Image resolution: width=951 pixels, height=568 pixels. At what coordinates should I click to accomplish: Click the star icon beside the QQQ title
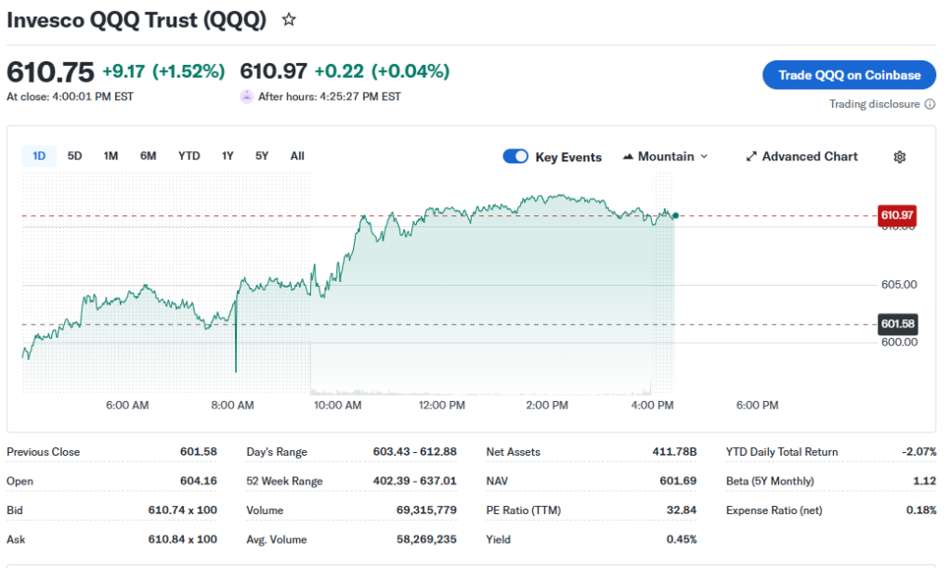(x=289, y=19)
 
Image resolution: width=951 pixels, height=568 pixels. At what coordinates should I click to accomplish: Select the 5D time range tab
(x=75, y=156)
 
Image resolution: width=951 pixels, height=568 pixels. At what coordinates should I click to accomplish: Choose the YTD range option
(x=189, y=156)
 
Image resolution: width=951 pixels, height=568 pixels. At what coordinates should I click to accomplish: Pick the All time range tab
(x=297, y=156)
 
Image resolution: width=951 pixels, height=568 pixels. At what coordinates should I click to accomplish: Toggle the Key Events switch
(x=515, y=157)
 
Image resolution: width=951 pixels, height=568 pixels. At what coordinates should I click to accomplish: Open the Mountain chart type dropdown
(x=665, y=157)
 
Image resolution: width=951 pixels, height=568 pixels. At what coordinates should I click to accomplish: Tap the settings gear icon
(x=899, y=157)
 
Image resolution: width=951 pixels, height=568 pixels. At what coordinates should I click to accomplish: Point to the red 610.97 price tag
(x=897, y=215)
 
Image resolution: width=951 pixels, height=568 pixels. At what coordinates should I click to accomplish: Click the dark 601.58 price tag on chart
(x=897, y=324)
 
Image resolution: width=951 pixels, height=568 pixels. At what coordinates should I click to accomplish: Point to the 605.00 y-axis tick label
(x=898, y=285)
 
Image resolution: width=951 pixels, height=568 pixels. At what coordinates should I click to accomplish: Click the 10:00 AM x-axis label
(x=337, y=406)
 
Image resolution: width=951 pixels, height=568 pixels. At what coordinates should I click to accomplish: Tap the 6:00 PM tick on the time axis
(x=757, y=406)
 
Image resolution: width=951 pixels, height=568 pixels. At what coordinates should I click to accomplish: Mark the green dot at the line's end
(x=675, y=215)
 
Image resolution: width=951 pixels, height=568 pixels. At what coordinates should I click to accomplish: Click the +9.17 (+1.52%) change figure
(x=163, y=71)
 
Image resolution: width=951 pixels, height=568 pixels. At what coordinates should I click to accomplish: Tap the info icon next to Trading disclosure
(x=931, y=104)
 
